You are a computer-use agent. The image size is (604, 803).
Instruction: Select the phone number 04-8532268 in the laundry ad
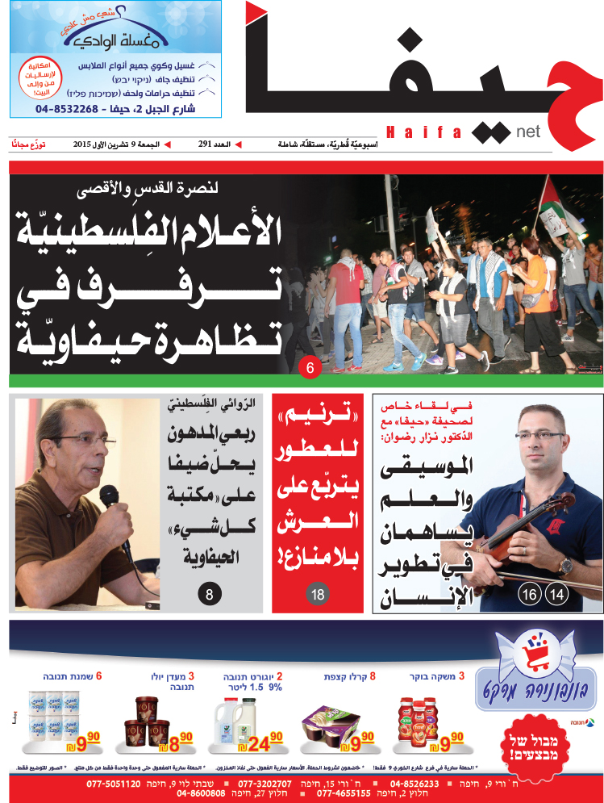point(69,106)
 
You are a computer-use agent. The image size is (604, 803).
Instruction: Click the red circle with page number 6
point(310,369)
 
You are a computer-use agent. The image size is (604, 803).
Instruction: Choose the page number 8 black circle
point(209,596)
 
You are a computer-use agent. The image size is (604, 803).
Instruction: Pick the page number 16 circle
point(530,596)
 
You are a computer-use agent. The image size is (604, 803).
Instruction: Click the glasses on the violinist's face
point(539,437)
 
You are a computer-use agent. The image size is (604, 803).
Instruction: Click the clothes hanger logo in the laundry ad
point(94,37)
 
